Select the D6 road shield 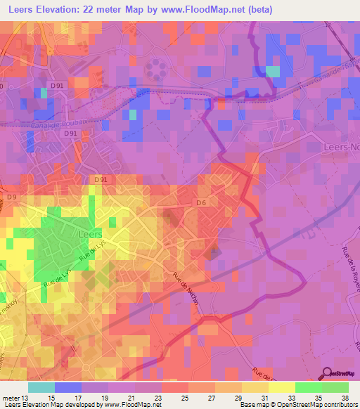(x=201, y=203)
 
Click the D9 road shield (x=11, y=197)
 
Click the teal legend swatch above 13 (x=41, y=387)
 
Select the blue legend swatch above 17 (x=68, y=387)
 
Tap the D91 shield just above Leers (x=101, y=180)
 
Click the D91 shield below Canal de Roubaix (x=70, y=133)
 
